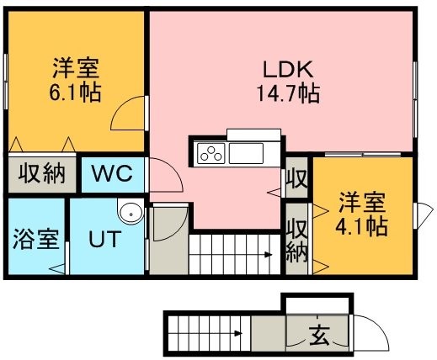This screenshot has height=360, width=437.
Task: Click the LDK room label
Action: (288, 69)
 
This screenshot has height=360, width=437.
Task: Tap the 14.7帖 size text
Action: (288, 93)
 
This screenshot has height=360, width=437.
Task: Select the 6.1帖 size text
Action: (75, 92)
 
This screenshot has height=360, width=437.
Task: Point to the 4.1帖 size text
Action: (361, 226)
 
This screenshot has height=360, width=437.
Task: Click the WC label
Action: (112, 173)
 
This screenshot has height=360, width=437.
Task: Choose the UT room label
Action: (105, 239)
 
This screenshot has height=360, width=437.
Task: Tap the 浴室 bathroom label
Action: (36, 239)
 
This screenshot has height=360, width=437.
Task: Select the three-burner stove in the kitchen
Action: (211, 153)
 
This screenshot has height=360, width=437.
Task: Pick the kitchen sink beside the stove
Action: (246, 153)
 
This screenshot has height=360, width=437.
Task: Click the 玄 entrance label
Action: (319, 335)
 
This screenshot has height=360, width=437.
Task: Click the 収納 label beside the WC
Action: (42, 174)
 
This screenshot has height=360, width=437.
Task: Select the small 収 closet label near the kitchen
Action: (297, 178)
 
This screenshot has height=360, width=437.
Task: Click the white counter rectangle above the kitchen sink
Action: (253, 135)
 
